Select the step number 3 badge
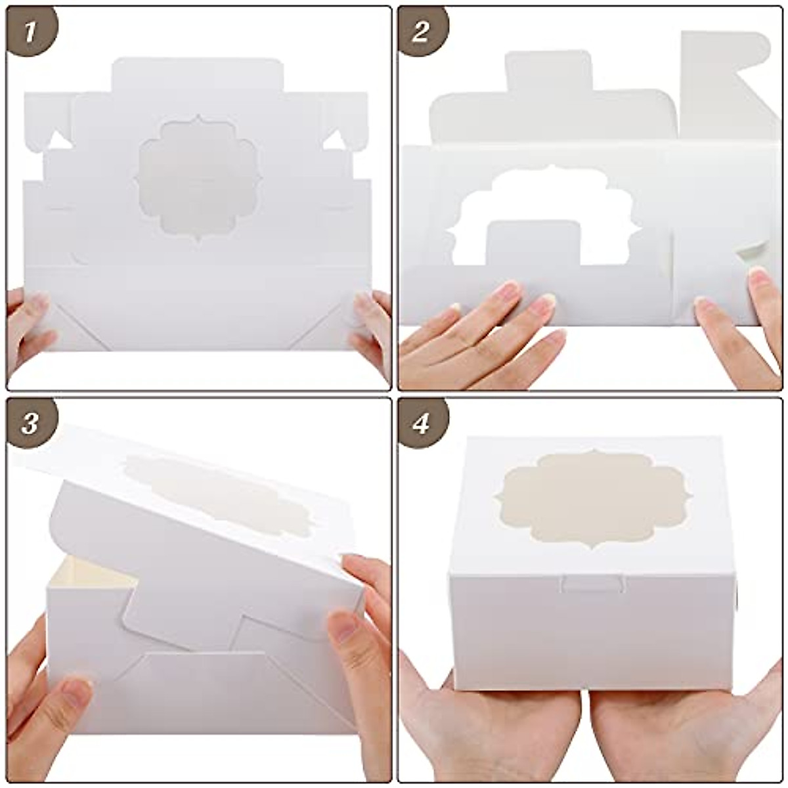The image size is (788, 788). click(29, 424)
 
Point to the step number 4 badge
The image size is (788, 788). click(421, 424)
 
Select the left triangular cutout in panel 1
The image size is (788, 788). click(58, 140)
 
